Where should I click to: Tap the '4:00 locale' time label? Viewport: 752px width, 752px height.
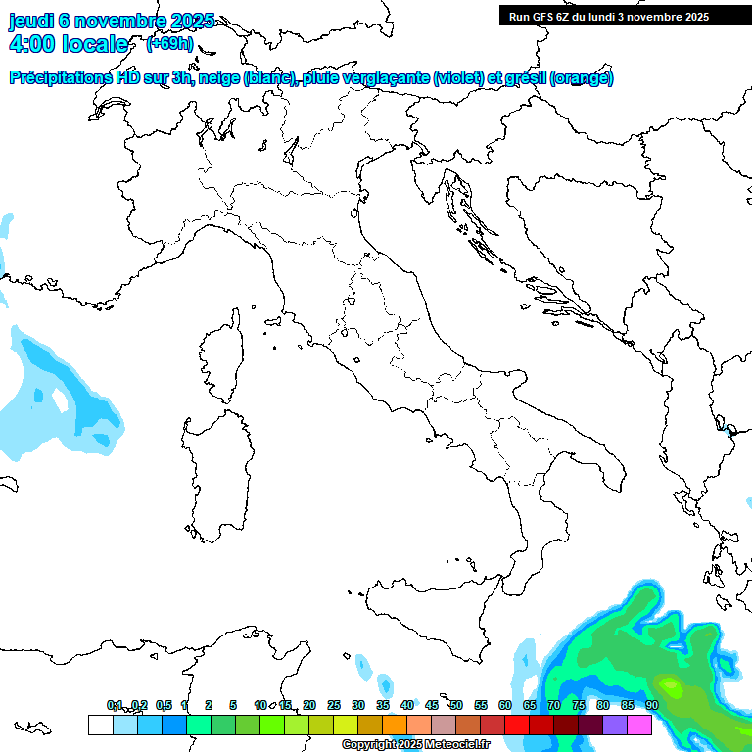68,44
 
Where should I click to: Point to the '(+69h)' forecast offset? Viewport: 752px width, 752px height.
169,44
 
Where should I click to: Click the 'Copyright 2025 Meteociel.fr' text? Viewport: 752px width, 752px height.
415,745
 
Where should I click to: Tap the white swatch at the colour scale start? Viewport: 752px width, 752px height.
100,725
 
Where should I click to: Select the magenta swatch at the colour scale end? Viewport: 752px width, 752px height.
639,725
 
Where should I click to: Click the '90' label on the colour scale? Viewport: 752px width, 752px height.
652,705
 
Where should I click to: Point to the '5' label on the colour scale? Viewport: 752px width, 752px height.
233,705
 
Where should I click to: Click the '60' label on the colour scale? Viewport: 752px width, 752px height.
505,705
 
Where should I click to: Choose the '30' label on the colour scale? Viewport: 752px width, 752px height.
358,705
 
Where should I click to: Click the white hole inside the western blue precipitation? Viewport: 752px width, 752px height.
61,399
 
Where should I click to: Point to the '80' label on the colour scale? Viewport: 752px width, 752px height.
603,705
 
